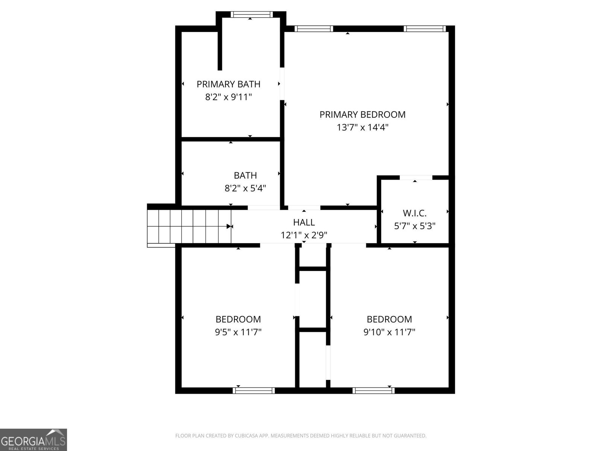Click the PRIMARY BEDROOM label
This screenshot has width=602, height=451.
pos(362,115)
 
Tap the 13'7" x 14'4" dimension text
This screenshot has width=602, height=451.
pos(362,127)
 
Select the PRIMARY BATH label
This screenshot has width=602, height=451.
pos(228,84)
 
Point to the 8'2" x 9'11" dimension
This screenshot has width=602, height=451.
pos(228,97)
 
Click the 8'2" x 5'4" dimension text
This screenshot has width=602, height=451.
pos(245,188)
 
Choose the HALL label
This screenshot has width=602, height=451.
pos(304,222)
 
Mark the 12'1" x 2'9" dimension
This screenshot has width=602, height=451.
pos(304,235)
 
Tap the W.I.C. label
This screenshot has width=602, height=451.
pos(415,213)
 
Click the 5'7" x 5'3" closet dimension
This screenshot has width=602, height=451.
pos(415,226)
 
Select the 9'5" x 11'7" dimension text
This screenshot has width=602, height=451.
pos(238,332)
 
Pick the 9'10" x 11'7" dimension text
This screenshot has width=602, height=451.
pos(389,332)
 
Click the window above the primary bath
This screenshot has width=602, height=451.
pos(251,15)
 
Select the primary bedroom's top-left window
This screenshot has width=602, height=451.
pos(313,29)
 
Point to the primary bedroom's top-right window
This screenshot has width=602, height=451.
pos(425,29)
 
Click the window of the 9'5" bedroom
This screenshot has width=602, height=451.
pos(254,390)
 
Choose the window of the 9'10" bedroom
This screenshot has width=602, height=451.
pos(373,390)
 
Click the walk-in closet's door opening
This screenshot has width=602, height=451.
pos(415,177)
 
